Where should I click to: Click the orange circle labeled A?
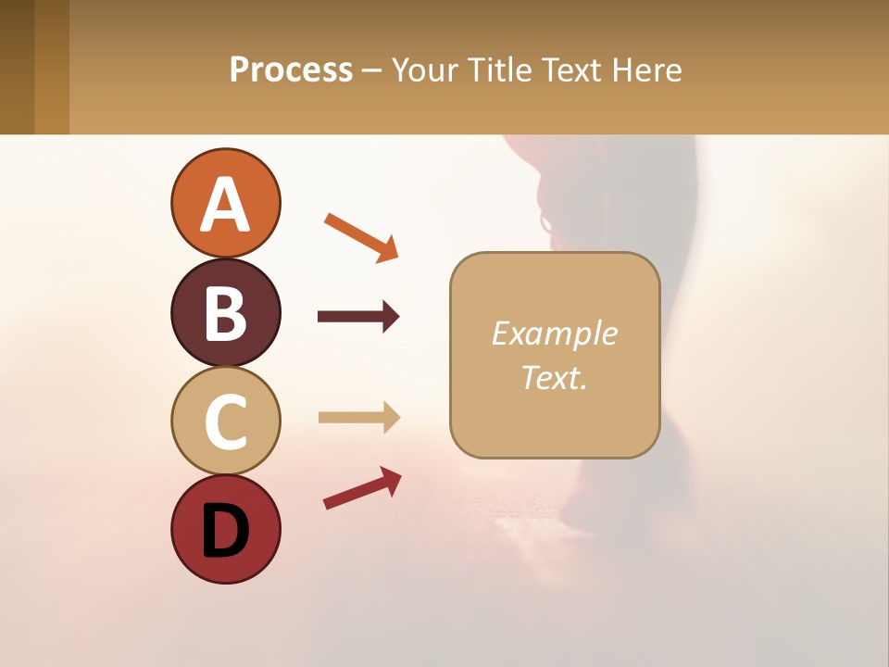click(225, 203)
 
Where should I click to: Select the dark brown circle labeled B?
click(225, 312)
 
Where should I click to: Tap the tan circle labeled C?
click(225, 421)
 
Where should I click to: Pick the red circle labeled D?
click(225, 529)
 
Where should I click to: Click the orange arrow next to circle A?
click(360, 236)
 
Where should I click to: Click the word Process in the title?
click(291, 69)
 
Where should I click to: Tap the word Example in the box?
click(555, 333)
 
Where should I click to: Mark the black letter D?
click(225, 532)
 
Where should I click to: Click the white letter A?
click(225, 205)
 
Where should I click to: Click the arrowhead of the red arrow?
click(391, 479)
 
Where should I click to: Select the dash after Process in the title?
click(372, 71)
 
